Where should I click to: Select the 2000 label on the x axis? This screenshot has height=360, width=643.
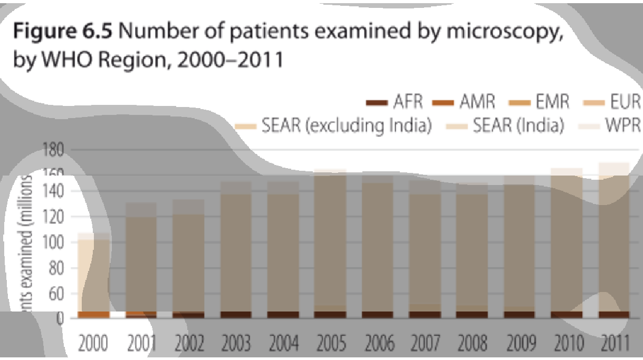93,345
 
